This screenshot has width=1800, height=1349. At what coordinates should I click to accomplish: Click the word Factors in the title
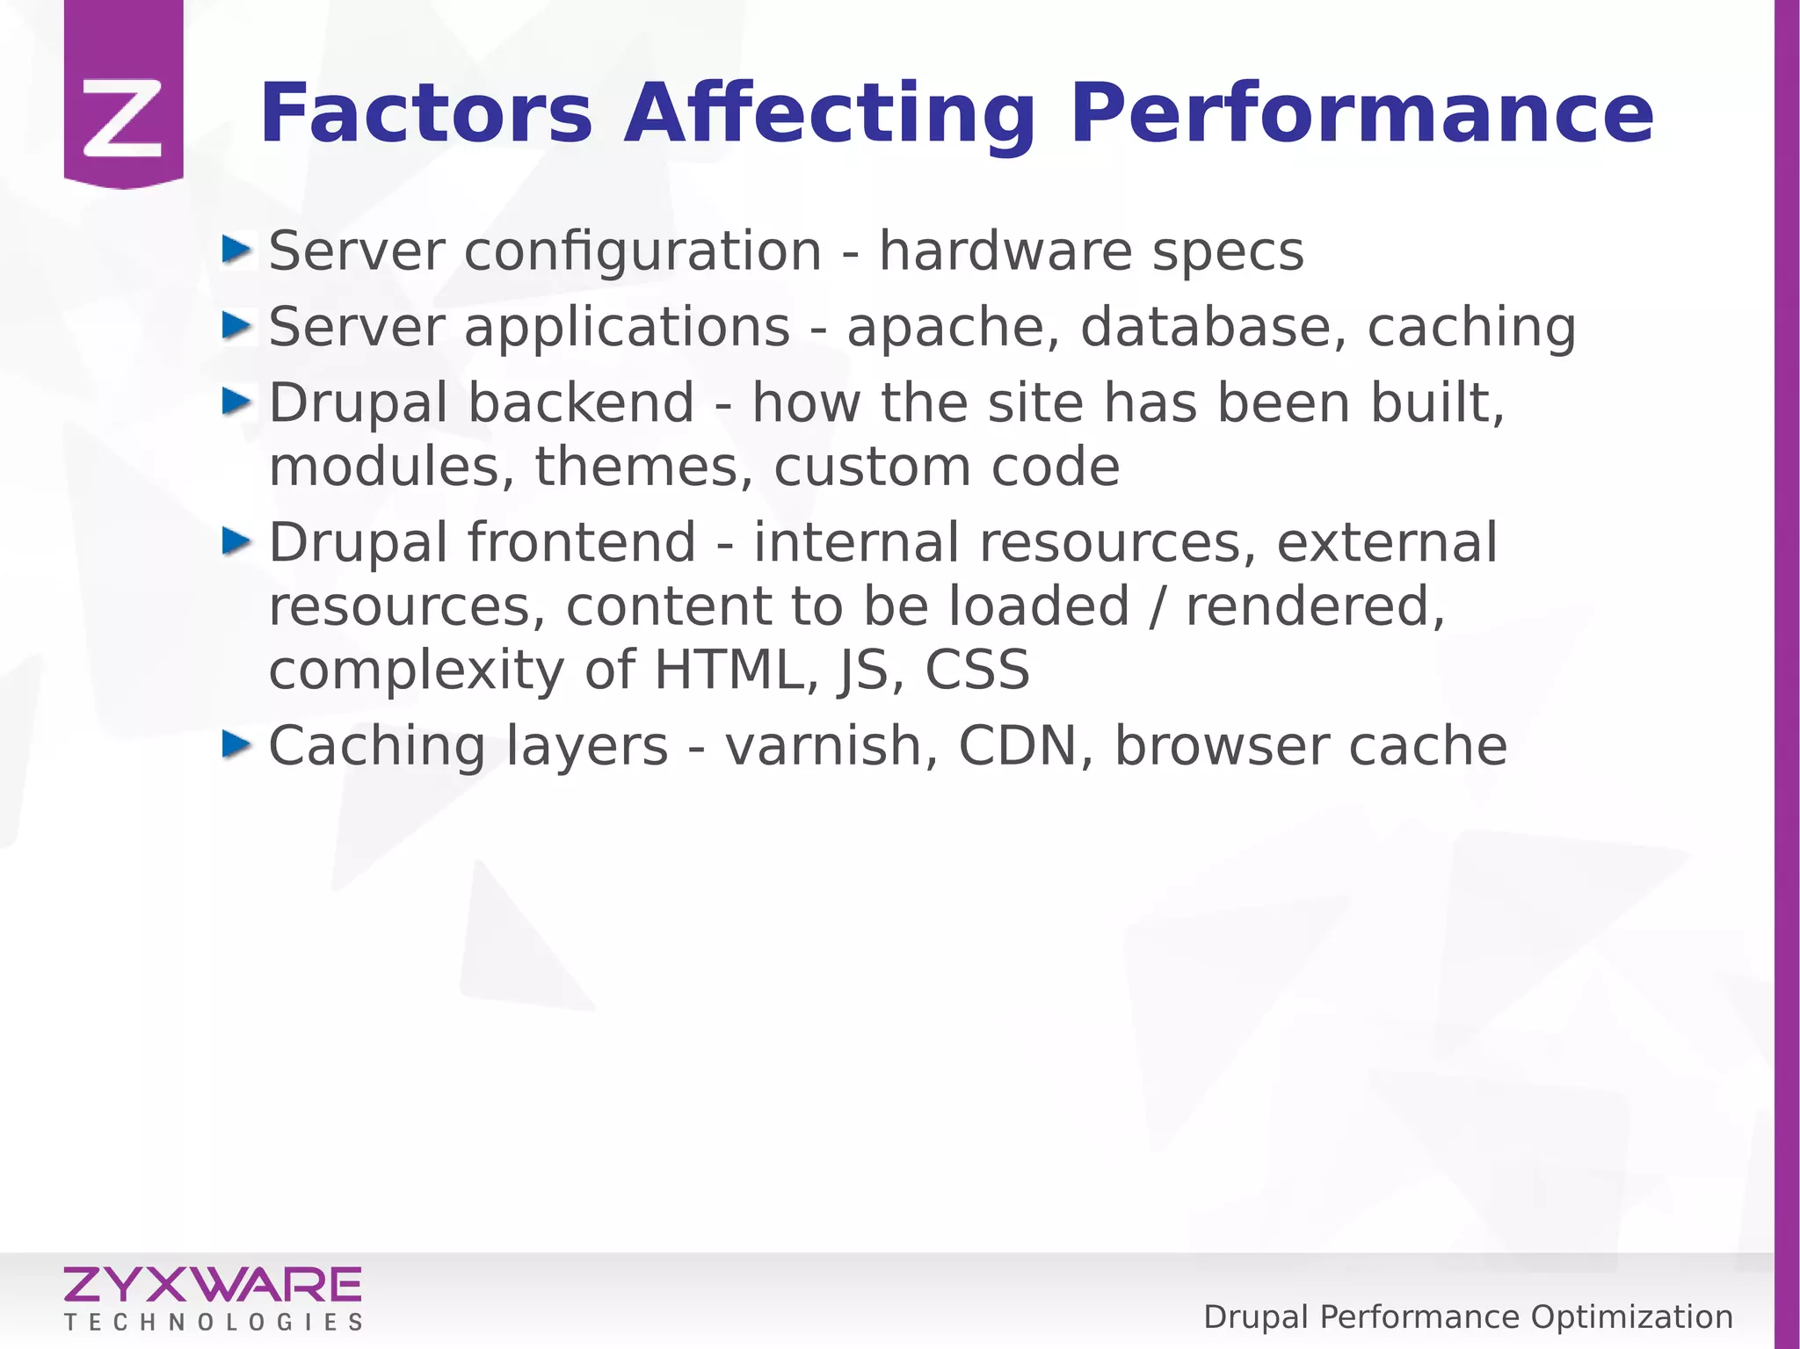[x=426, y=113]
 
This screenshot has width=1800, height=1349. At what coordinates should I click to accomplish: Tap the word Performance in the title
[x=1361, y=113]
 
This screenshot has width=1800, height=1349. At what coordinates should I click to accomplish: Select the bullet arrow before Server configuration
[x=236, y=250]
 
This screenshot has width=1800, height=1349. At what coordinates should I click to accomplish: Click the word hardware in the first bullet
[x=1005, y=251]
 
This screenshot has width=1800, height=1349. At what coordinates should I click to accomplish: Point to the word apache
[x=953, y=328]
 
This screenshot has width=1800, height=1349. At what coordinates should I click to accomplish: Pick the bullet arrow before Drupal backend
[x=236, y=402]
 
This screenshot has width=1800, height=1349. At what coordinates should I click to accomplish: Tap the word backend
[x=581, y=403]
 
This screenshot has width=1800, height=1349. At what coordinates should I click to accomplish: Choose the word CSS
[x=976, y=670]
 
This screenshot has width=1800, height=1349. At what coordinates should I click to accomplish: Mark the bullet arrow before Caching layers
[x=236, y=745]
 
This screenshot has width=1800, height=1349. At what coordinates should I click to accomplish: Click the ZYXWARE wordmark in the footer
[x=212, y=1285]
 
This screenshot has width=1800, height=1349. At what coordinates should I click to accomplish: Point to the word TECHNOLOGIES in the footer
[x=214, y=1323]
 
